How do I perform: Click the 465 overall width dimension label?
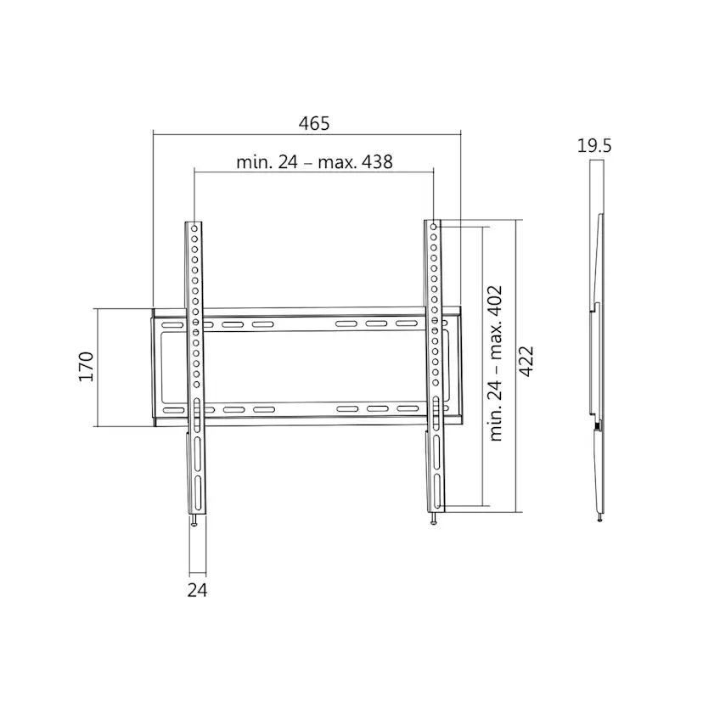tap(314, 123)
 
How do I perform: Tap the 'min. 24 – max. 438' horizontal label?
tap(314, 162)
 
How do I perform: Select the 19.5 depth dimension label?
tap(594, 146)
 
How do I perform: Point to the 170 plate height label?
tap(86, 367)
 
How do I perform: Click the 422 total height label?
tap(526, 362)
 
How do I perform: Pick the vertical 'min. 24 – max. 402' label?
tap(496, 363)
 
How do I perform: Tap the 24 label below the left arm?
tap(197, 590)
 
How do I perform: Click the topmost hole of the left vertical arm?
tap(194, 228)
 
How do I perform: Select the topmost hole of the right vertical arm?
tap(434, 227)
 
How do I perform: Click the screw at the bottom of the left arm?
tap(194, 520)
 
